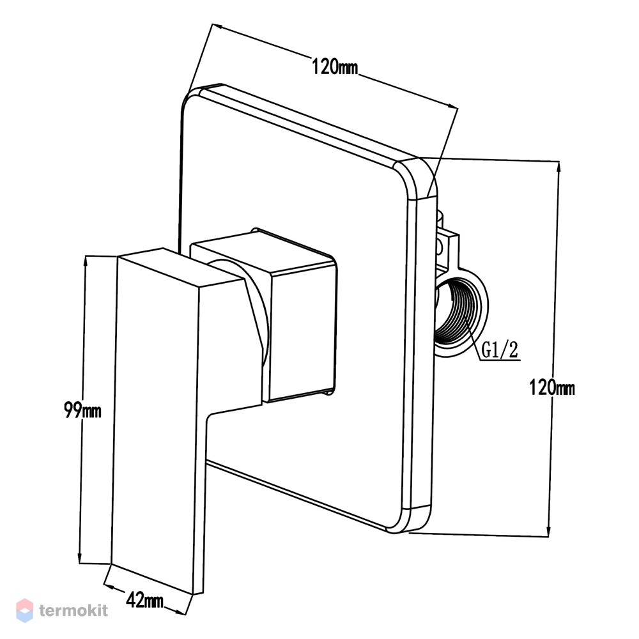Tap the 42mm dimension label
[x=144, y=600]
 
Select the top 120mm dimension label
[x=335, y=66]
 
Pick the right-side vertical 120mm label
[x=552, y=387]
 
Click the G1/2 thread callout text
[x=500, y=350]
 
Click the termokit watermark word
[x=73, y=610]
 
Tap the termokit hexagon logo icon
[x=24, y=610]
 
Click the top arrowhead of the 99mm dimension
[x=85, y=261]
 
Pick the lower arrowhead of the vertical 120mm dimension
[x=550, y=531]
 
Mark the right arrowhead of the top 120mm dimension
[x=452, y=106]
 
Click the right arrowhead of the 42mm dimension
[x=181, y=611]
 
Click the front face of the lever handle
[x=157, y=424]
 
